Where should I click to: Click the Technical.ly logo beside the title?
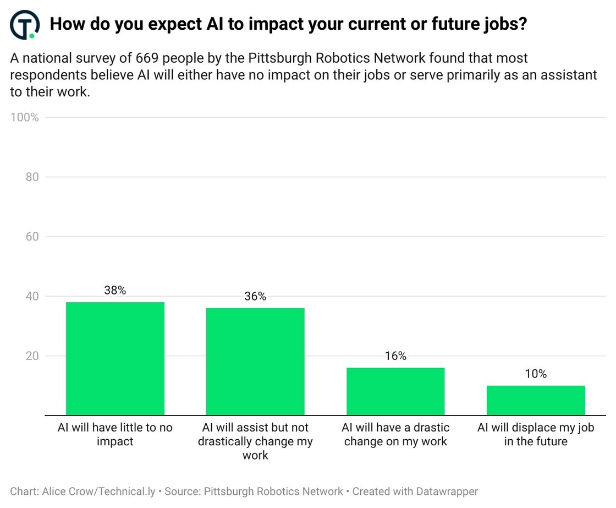tap(25, 25)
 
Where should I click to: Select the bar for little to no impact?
tap(115, 358)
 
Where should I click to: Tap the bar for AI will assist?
tap(255, 362)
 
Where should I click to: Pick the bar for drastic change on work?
tap(395, 391)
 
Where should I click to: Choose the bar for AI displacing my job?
tap(536, 400)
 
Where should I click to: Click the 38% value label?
tap(115, 291)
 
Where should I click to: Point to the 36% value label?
tap(255, 297)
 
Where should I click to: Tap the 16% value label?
tap(395, 356)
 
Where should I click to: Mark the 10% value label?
tap(536, 374)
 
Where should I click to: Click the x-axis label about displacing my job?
tap(536, 434)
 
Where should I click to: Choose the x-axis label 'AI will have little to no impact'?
tap(115, 434)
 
